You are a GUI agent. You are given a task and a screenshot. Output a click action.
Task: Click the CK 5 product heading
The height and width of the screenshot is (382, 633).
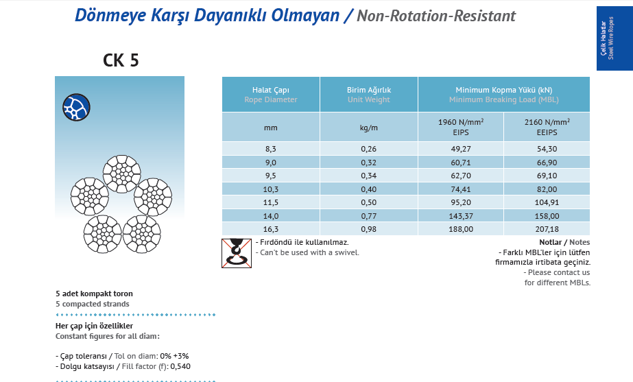(121, 60)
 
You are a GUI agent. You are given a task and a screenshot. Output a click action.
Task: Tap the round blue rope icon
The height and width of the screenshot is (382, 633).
(76, 108)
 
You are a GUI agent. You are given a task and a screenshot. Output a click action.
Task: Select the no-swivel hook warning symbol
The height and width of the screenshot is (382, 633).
(237, 253)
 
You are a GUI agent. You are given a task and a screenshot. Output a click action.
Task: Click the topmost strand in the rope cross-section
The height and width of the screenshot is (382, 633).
(121, 174)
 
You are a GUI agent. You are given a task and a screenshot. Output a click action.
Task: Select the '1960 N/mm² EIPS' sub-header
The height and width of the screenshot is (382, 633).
(461, 127)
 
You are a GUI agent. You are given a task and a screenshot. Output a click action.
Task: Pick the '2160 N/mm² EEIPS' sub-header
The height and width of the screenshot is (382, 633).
(547, 127)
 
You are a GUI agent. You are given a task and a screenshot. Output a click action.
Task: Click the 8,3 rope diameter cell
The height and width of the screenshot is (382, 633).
(270, 149)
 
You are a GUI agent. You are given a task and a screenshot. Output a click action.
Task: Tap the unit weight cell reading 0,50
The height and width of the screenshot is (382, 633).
(368, 203)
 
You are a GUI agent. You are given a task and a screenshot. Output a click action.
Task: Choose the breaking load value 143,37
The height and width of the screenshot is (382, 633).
(461, 216)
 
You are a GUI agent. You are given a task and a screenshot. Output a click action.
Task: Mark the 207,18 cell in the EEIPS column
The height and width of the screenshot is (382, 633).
(547, 229)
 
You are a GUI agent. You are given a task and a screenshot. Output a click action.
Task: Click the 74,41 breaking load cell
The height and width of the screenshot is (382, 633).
(461, 189)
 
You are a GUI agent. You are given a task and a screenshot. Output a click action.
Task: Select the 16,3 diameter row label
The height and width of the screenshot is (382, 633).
(270, 229)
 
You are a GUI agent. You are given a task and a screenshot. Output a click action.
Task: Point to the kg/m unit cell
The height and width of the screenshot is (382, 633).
(368, 128)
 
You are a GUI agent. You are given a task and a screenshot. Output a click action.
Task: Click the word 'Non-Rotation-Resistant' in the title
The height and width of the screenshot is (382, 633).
(436, 16)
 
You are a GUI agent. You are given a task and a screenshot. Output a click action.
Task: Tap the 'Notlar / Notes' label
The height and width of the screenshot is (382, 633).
(564, 242)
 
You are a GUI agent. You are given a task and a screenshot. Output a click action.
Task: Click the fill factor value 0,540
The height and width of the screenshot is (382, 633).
(180, 367)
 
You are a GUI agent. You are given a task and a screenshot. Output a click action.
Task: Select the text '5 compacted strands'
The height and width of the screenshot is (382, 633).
(93, 304)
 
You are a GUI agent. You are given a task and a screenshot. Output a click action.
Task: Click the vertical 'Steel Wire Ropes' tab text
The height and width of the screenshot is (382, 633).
(610, 38)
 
